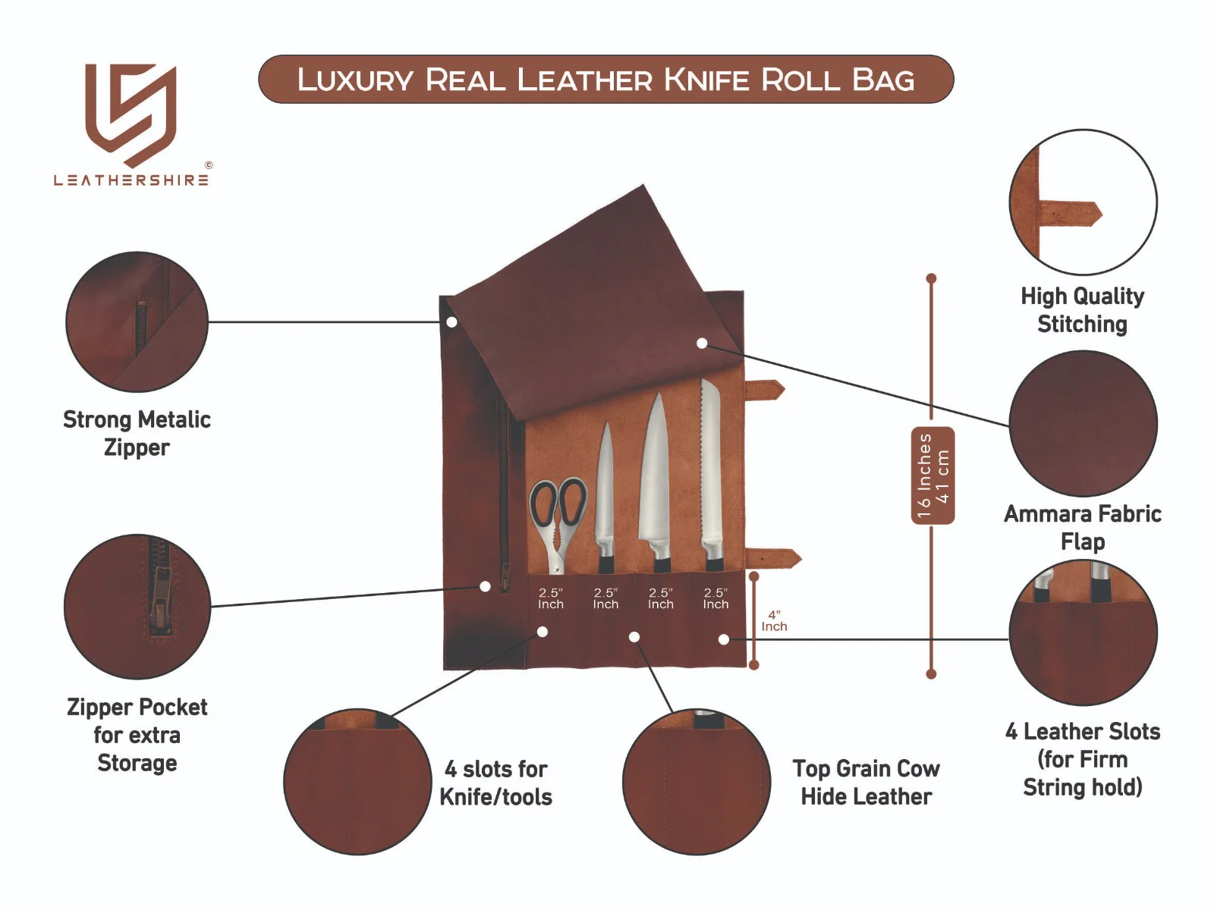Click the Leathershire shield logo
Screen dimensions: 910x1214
[x=131, y=114]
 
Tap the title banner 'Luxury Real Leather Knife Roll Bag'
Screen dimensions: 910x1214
[x=605, y=80]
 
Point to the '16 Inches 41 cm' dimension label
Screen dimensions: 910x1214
[x=933, y=475]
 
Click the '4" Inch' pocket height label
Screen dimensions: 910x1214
[x=774, y=621]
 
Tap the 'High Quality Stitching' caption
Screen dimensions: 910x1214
[x=1082, y=310]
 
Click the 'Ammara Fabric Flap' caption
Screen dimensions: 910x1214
[x=1082, y=528]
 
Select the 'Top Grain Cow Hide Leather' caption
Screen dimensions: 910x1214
[x=866, y=783]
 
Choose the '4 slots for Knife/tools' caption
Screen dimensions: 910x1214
[x=496, y=783]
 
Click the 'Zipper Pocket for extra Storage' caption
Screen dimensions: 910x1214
[x=137, y=735]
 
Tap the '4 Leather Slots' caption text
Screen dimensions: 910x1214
[x=1082, y=732]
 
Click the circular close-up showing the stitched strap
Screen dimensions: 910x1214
[x=1083, y=202]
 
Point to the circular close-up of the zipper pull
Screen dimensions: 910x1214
[x=137, y=607]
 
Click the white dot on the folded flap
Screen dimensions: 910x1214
[x=702, y=344]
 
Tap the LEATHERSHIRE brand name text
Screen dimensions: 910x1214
[x=131, y=180]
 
